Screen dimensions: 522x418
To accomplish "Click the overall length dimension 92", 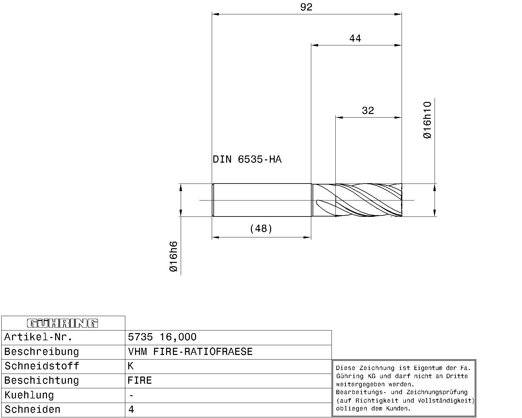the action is pos(306,7).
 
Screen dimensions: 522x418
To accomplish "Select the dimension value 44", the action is pos(355,39).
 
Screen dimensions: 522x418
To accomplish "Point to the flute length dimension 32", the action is pos(368,110).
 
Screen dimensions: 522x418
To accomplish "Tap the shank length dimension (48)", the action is pos(261,229).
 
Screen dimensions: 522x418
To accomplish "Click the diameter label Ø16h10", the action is pos(427,120).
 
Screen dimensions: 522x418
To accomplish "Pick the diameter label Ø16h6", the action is pos(174,256).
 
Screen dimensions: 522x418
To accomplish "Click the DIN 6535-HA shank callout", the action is pos(247,159).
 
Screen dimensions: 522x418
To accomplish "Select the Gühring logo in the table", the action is pos(62,323).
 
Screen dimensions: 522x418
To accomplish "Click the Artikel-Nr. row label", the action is pos(38,337).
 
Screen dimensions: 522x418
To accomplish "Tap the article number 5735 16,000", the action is pos(162,337).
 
